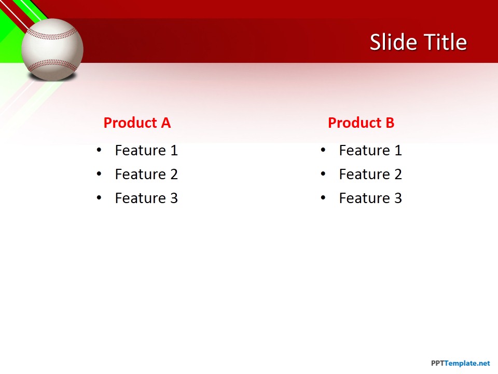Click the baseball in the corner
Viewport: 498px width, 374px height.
(x=52, y=50)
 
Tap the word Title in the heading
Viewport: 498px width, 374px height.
(x=444, y=42)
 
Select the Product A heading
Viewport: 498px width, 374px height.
(x=137, y=123)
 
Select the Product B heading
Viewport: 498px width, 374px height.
(x=361, y=123)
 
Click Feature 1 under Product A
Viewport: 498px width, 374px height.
(x=146, y=151)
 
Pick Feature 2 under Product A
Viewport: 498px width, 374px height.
(x=146, y=175)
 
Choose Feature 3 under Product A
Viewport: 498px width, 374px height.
(x=146, y=198)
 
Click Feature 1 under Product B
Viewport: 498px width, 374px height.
(x=370, y=151)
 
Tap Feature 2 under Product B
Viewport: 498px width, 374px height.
(x=370, y=175)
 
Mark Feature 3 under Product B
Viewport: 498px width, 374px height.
(x=370, y=198)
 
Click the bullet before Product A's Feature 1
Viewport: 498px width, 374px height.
(x=99, y=151)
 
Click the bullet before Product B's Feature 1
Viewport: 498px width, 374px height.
(x=323, y=151)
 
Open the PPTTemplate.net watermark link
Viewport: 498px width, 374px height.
(x=460, y=364)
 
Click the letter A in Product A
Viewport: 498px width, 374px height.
(x=165, y=123)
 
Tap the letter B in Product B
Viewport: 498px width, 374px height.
(x=389, y=123)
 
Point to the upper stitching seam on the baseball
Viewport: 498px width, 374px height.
(x=52, y=34)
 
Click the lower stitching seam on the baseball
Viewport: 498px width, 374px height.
(x=52, y=65)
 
